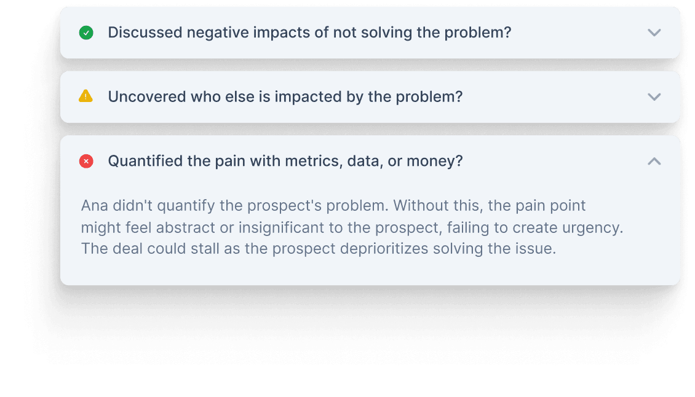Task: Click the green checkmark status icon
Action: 86,33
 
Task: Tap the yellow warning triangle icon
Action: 86,96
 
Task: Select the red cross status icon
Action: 86,161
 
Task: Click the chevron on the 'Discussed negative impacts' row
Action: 654,33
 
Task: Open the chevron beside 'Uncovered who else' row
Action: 654,97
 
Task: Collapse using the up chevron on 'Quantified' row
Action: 654,161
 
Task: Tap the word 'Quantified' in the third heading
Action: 139,161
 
